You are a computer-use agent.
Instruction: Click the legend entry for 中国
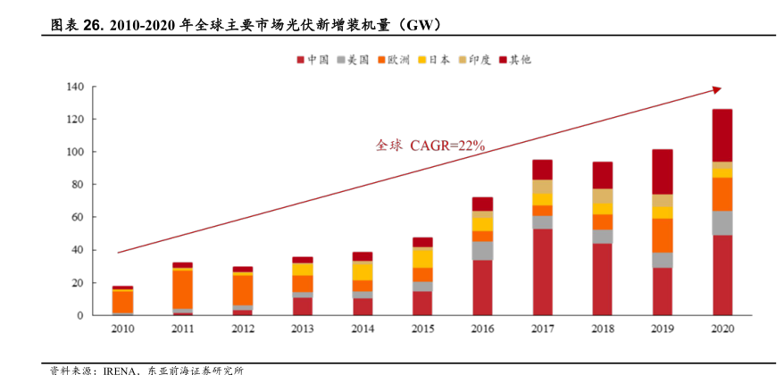(x=313, y=60)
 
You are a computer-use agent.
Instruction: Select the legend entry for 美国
(x=353, y=60)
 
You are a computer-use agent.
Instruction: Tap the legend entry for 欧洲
(x=393, y=60)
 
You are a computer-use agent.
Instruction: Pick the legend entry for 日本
(x=433, y=60)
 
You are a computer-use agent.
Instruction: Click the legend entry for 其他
(x=514, y=60)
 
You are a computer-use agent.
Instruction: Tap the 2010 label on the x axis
(x=123, y=329)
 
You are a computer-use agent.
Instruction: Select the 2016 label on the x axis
(x=482, y=329)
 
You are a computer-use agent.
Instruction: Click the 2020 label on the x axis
(x=721, y=329)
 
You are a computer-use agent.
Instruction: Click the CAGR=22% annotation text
(x=446, y=145)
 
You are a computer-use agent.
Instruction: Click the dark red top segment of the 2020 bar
(x=721, y=135)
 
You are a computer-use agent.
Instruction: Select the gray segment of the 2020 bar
(x=721, y=222)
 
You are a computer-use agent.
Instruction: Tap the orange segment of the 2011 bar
(x=183, y=288)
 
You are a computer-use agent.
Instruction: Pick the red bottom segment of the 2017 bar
(x=542, y=271)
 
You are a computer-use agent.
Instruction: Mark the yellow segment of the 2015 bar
(x=422, y=257)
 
